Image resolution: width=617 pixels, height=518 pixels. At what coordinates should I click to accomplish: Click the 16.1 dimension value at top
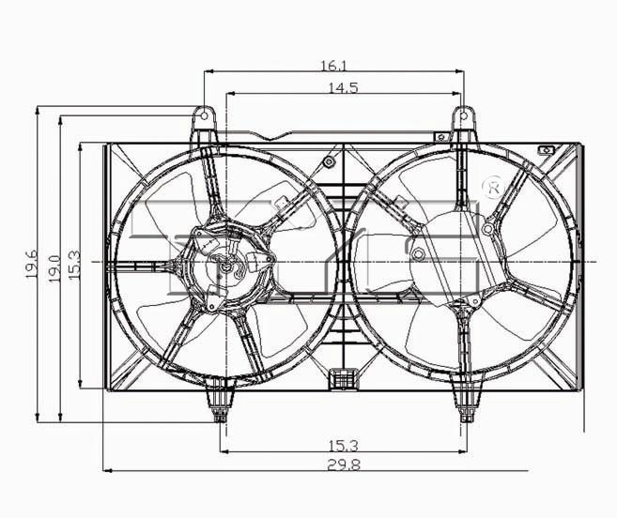[333, 66]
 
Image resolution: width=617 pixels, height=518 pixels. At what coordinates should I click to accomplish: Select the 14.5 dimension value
[343, 87]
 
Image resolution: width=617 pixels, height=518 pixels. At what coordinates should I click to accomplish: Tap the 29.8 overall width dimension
[344, 465]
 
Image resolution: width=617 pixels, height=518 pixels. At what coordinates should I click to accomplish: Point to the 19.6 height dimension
[32, 264]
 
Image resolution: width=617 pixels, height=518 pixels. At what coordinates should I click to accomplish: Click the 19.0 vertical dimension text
[54, 268]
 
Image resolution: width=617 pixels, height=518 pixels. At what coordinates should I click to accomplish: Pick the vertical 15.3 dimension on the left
[74, 266]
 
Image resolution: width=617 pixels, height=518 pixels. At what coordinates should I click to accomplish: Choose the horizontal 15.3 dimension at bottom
[344, 446]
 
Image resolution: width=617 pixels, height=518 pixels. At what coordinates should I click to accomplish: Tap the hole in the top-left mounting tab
[204, 116]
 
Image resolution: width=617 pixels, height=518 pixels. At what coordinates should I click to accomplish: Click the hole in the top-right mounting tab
[464, 115]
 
